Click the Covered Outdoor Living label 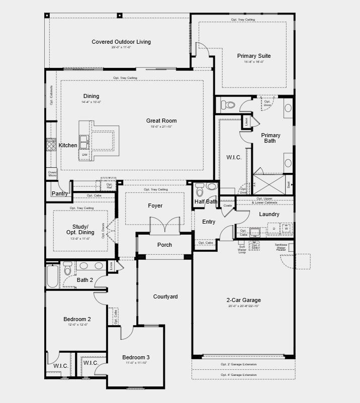(x=121, y=42)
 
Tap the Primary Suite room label (x=254, y=56)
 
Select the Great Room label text (x=161, y=121)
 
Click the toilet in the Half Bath (x=200, y=191)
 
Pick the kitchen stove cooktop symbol (x=51, y=145)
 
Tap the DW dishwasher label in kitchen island (x=84, y=155)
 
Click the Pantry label (x=60, y=193)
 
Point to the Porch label (x=164, y=245)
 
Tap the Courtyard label (x=165, y=296)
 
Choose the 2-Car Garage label (x=243, y=300)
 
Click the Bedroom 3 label (x=136, y=357)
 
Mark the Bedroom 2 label (x=77, y=319)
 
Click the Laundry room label (x=269, y=214)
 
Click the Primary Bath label (x=271, y=138)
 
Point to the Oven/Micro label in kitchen (x=52, y=173)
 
